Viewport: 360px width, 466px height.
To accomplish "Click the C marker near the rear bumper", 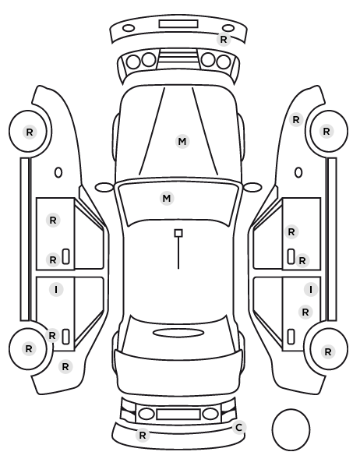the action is point(239,427).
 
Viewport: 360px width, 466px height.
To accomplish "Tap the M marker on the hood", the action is point(182,142).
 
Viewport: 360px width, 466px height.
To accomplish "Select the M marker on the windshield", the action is point(167,198).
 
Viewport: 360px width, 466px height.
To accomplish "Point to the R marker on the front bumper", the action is point(224,39).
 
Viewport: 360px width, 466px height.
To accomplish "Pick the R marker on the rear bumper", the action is point(143,435).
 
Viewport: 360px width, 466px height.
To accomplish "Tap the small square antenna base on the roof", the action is point(178,233).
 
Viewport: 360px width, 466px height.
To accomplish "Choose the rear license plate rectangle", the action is point(178,415).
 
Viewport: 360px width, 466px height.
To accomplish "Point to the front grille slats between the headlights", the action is point(178,58).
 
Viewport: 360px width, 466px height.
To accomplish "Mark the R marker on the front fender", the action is point(296,120).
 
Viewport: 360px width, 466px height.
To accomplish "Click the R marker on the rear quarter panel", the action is point(65,367).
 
